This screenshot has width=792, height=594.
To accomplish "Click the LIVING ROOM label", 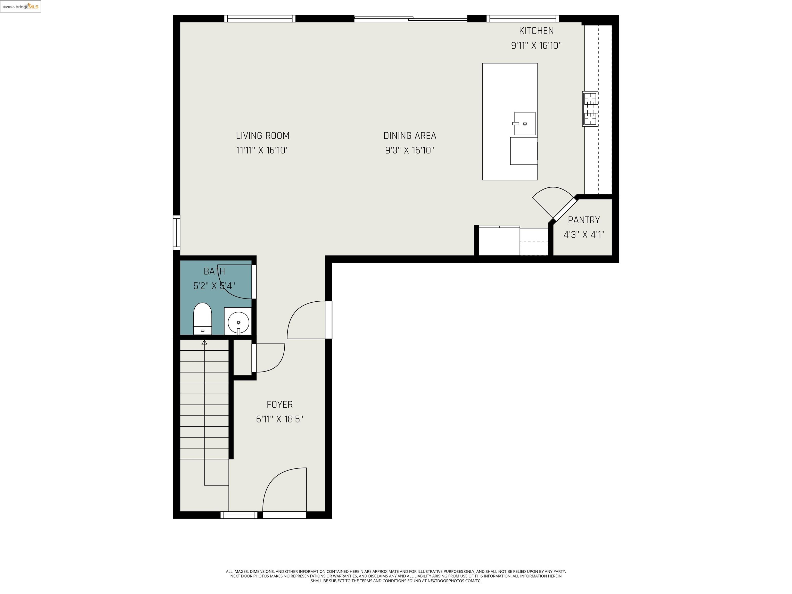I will [262, 136].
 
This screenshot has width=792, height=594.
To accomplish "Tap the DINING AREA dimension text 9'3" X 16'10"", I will [410, 150].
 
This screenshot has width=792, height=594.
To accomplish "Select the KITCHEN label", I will [536, 31].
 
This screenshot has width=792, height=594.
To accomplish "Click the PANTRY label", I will [584, 220].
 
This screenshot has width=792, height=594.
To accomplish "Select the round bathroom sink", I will [238, 322].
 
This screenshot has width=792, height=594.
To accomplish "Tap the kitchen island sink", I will [525, 123].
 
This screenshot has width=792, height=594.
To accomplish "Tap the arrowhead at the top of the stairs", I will [204, 343].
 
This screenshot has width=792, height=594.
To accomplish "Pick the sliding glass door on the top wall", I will [411, 19].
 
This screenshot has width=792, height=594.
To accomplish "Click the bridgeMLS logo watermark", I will [20, 6].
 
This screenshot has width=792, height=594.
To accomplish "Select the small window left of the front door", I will [238, 515].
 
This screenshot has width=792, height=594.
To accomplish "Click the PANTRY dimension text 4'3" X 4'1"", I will [584, 235].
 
